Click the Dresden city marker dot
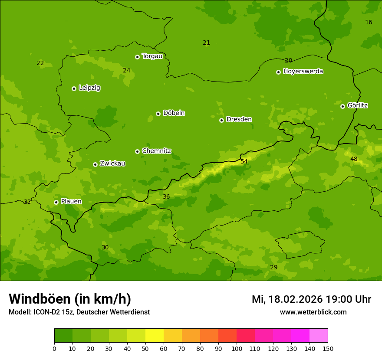pyautogui.click(x=221, y=120)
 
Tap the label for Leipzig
pyautogui.click(x=89, y=88)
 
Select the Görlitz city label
pyautogui.click(x=358, y=105)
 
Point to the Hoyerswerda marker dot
pyautogui.click(x=278, y=72)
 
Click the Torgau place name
pyautogui.click(x=152, y=56)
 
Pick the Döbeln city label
pyautogui.click(x=174, y=113)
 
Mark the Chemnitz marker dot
pyautogui.click(x=137, y=151)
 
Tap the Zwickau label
pyautogui.click(x=112, y=164)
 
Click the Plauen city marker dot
pyautogui.click(x=56, y=202)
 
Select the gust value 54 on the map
pyautogui.click(x=244, y=161)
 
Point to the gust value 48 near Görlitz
pyautogui.click(x=354, y=159)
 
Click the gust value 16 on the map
pyautogui.click(x=369, y=22)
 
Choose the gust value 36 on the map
pyautogui.click(x=166, y=196)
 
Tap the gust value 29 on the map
pyautogui.click(x=273, y=267)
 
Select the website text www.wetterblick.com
pyautogui.click(x=313, y=312)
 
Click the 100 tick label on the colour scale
pyautogui.click(x=237, y=348)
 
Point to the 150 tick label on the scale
pyautogui.click(x=328, y=348)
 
